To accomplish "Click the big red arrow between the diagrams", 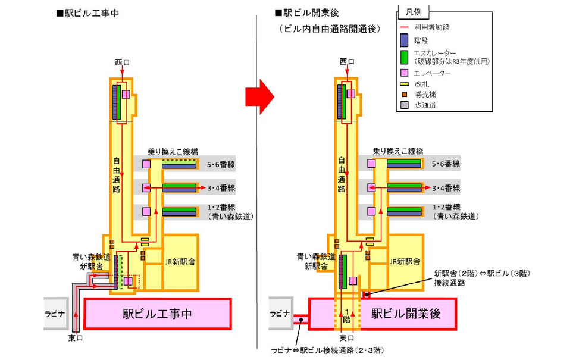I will click(x=259, y=96).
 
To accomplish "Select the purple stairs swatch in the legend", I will click(x=403, y=40).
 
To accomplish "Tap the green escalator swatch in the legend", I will click(x=403, y=58).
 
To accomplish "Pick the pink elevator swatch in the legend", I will click(x=403, y=73).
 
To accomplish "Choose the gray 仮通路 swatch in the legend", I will click(x=403, y=105).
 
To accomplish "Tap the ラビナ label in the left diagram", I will click(x=57, y=313).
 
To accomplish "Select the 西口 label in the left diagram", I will click(x=121, y=61).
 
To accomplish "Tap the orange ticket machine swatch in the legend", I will click(x=403, y=94).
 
